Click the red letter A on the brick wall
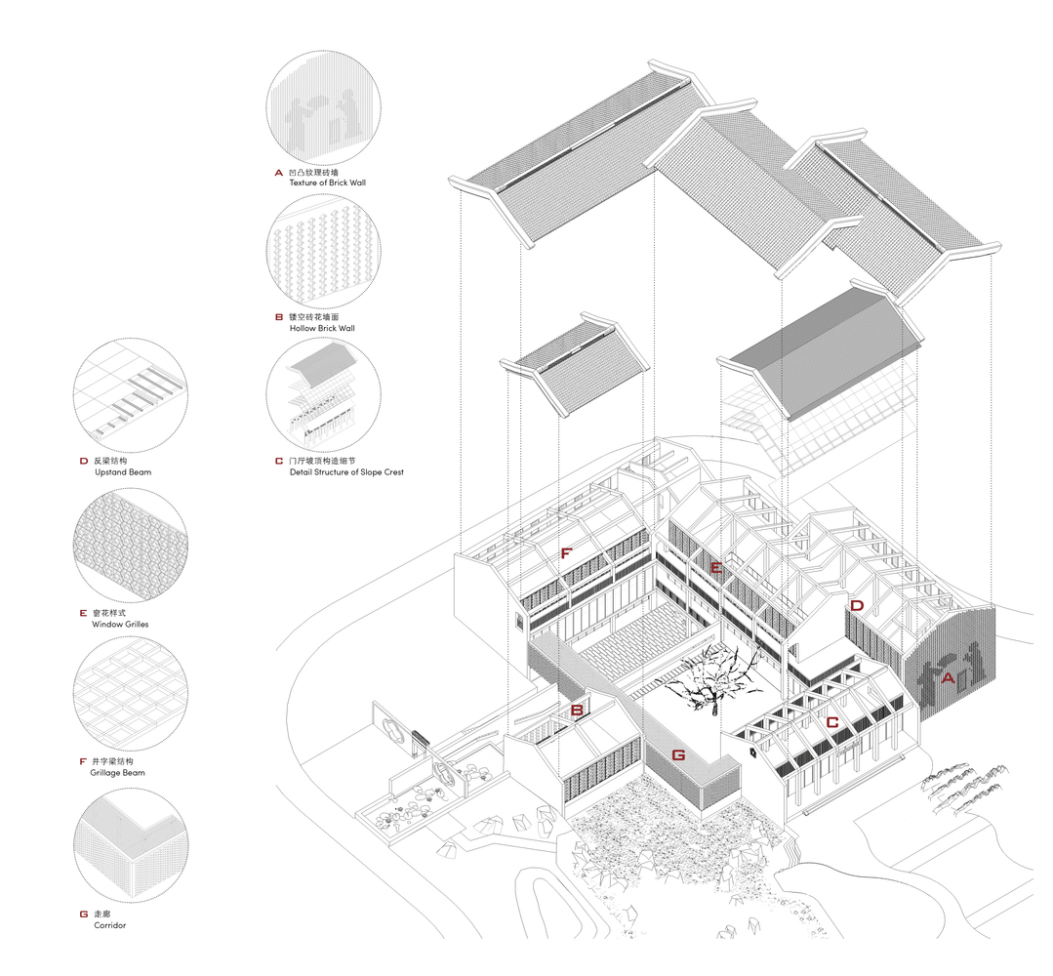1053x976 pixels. [x=948, y=677]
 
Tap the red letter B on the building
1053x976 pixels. [x=577, y=710]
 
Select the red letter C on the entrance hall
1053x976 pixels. [x=832, y=722]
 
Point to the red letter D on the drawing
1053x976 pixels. [x=857, y=605]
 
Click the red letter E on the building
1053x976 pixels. [x=716, y=568]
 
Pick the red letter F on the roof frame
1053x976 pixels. [x=566, y=552]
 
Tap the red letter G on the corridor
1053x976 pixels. [x=679, y=755]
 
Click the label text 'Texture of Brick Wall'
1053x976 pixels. [x=328, y=183]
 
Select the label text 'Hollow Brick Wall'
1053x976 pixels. [x=322, y=328]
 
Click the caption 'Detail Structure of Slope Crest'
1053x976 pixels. [x=346, y=472]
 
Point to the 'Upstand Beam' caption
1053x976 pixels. [x=123, y=472]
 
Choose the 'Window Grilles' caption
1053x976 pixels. [x=120, y=624]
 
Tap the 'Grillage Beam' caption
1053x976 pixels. [x=117, y=772]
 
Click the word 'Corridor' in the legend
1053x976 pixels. [x=110, y=925]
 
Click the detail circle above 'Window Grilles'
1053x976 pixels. [x=130, y=546]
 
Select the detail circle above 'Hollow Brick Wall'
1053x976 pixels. [x=324, y=251]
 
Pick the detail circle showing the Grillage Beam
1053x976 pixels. [x=130, y=694]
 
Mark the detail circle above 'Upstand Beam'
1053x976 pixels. [x=130, y=395]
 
